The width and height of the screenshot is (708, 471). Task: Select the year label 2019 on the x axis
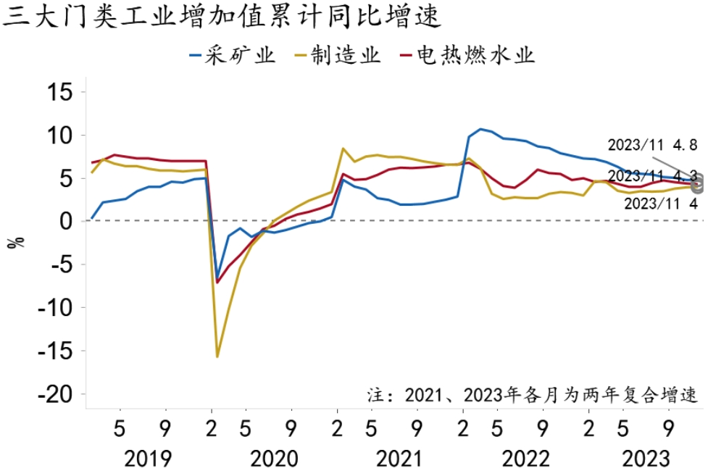pyautogui.click(x=148, y=459)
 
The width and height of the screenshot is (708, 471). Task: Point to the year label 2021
pyautogui.click(x=399, y=459)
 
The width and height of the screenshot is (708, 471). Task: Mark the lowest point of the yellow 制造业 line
pyautogui.click(x=217, y=357)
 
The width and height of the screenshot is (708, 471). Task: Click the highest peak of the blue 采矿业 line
pyautogui.click(x=480, y=129)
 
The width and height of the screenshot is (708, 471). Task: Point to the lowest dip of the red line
pyautogui.click(x=217, y=283)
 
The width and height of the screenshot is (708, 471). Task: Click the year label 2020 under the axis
pyautogui.click(x=273, y=459)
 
